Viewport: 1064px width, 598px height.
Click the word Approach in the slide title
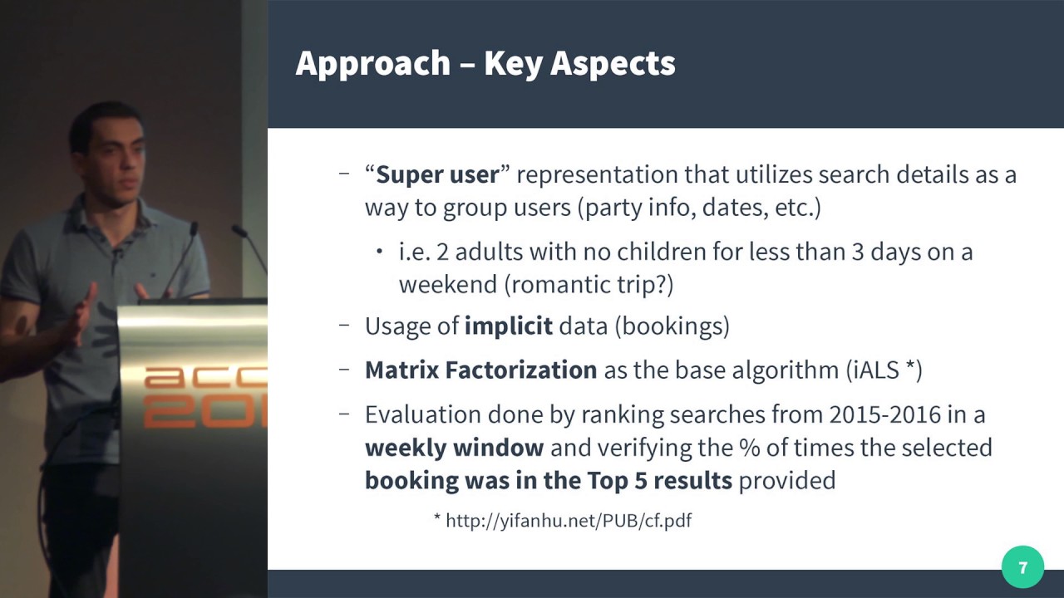tap(373, 64)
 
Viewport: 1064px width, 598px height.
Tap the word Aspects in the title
tap(613, 64)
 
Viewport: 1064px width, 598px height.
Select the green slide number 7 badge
tap(1022, 567)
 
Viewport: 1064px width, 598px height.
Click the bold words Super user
tap(437, 174)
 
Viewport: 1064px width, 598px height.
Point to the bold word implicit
tap(508, 326)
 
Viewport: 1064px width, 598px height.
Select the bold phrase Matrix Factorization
tap(480, 370)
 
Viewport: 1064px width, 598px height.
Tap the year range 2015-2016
tap(885, 414)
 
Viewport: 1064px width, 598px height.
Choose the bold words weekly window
tap(454, 448)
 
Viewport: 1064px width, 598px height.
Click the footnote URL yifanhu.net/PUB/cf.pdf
tap(569, 521)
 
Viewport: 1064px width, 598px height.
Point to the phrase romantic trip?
tap(589, 285)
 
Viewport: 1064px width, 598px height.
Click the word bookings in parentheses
tap(672, 326)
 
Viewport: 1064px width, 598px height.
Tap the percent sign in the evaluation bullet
tap(749, 448)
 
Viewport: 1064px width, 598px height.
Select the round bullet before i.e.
tap(379, 251)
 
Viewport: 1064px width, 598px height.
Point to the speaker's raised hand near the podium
tap(81, 314)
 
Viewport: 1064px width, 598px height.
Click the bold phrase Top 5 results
tap(660, 481)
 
